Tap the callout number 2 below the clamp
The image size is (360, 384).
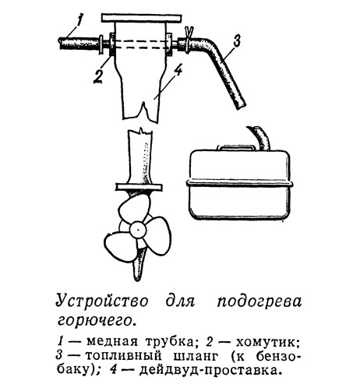point(98,76)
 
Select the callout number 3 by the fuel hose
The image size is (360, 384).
point(236,41)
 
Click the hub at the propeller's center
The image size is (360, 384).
point(138,230)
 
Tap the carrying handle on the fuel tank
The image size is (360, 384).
point(236,147)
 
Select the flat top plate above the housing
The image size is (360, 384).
point(141,18)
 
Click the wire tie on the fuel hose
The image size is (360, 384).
point(189,41)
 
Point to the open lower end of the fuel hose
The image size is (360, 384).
point(240,105)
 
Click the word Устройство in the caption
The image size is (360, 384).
point(102,301)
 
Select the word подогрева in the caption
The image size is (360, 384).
point(259,302)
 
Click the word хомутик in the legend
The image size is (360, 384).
point(265,342)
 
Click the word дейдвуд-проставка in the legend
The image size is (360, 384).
point(210,370)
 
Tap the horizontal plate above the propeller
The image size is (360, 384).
point(139,187)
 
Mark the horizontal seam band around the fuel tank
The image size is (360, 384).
point(239,183)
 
